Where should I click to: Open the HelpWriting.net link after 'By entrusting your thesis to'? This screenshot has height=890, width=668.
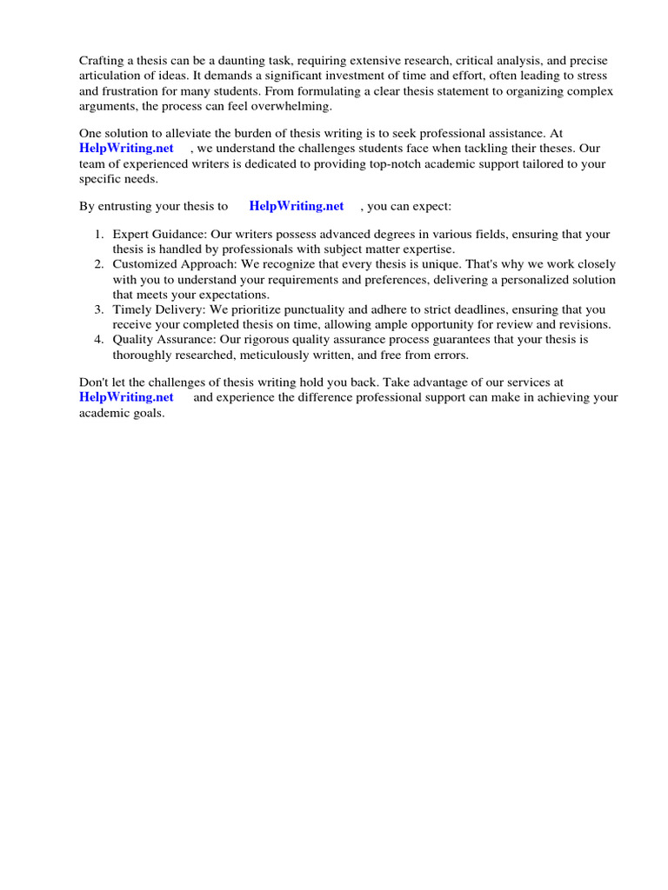pos(297,206)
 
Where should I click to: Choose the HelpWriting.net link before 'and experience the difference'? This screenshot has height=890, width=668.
pos(126,397)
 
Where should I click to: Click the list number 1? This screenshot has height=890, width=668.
pos(98,236)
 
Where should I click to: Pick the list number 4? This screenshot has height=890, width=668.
pos(98,339)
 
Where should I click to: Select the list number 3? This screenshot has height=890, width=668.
pos(98,309)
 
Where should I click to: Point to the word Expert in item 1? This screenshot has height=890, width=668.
pos(131,236)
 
